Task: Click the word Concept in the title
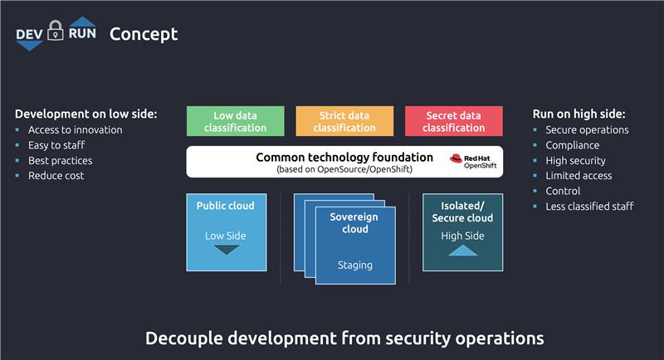[x=144, y=34]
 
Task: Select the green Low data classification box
[x=235, y=121]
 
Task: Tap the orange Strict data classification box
[x=344, y=121]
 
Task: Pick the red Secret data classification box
[x=453, y=121]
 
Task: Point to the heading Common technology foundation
[x=344, y=156]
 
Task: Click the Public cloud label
[x=225, y=206]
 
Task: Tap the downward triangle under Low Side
[x=225, y=251]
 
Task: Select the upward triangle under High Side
[x=462, y=251]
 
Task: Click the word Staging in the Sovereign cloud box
[x=354, y=265]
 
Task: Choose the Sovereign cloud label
[x=354, y=223]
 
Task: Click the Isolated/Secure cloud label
[x=462, y=212]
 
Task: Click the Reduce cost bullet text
[x=56, y=176]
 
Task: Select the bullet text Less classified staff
[x=589, y=207]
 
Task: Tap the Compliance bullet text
[x=572, y=145]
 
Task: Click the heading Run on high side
[x=579, y=114]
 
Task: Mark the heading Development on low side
[x=85, y=114]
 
